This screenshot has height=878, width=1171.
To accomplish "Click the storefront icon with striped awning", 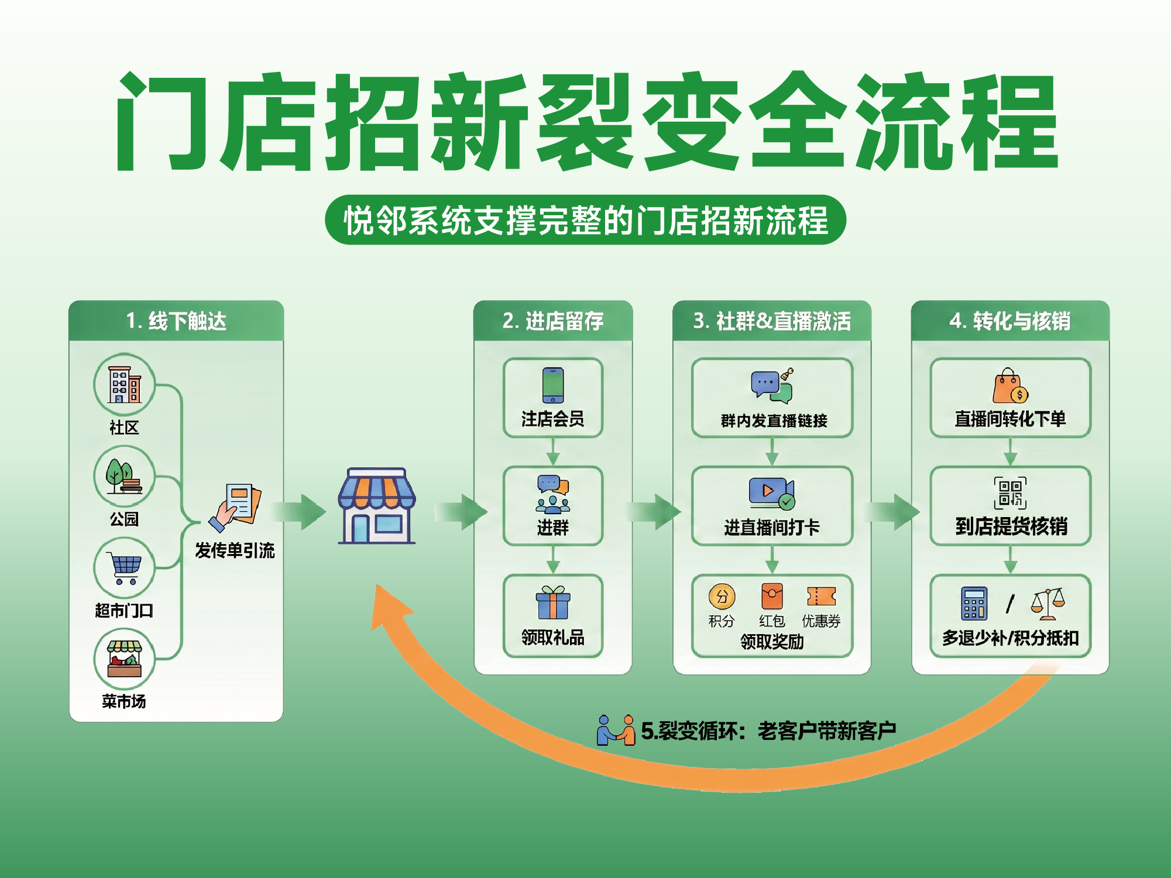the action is (376, 505).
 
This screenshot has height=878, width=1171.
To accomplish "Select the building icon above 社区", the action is (125, 384).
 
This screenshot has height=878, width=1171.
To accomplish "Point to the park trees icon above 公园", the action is (123, 477).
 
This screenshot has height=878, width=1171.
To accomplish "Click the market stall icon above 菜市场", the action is (124, 659).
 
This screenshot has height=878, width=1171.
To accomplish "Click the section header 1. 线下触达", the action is (176, 321).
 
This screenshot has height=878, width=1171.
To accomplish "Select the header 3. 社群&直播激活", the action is (772, 321).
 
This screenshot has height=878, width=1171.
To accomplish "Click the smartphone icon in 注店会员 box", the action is (552, 385).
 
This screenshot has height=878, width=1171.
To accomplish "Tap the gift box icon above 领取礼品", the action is (552, 602).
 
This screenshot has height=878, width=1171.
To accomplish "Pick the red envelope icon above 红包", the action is (772, 597).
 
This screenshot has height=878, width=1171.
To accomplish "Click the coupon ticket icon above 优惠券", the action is (821, 597).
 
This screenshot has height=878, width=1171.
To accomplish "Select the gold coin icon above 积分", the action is (722, 597).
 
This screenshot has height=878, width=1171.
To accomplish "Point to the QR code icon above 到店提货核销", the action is (1010, 493).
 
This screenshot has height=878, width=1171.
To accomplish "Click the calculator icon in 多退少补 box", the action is (974, 603).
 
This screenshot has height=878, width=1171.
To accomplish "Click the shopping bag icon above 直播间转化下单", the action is (1010, 386).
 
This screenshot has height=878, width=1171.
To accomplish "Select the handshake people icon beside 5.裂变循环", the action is (616, 730).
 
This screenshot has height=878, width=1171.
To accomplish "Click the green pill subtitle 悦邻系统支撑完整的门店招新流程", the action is (585, 220).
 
